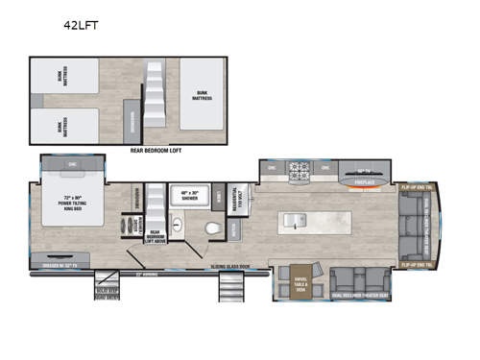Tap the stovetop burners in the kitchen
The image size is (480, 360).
tap(301, 173)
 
